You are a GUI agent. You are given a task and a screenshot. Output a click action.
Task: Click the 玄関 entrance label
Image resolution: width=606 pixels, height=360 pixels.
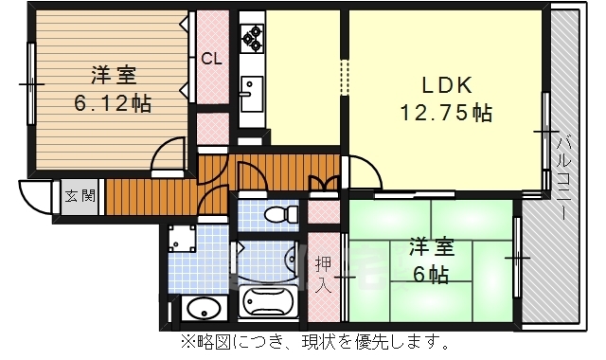point(80,197)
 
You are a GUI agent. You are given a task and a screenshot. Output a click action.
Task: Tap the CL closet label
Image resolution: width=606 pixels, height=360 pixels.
point(212,58)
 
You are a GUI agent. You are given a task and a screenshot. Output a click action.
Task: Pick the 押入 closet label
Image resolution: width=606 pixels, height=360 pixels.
point(323,271)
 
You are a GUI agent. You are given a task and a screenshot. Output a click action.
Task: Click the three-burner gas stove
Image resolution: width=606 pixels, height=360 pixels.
point(252,39)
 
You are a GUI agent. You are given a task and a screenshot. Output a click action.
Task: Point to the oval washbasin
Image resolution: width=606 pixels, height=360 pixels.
point(201,309)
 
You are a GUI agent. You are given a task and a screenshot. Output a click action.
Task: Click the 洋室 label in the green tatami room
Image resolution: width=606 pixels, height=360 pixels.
point(431,248)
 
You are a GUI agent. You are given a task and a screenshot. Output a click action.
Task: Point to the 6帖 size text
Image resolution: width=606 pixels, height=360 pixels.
point(431,275)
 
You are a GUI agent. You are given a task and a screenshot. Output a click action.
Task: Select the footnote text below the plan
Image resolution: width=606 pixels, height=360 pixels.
point(303,342)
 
